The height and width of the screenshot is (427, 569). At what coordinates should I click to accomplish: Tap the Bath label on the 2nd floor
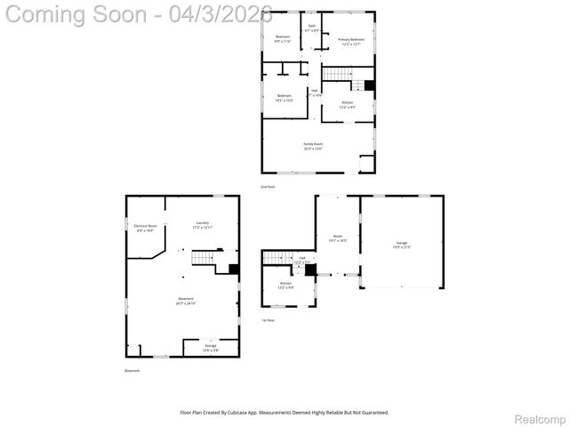point(312,28)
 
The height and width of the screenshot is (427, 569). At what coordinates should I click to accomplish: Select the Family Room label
point(313,146)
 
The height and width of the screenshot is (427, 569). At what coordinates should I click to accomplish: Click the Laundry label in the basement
point(203,225)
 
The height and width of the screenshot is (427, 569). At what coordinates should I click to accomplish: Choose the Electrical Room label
point(147,228)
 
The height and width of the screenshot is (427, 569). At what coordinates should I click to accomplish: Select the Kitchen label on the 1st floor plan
point(285,285)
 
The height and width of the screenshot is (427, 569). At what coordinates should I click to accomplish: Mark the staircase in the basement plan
point(204,259)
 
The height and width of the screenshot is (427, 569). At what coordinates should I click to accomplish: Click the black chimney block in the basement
point(234,269)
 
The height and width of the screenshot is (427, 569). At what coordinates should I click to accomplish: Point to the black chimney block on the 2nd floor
point(369,86)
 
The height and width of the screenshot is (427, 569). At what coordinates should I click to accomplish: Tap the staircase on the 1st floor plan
point(281,257)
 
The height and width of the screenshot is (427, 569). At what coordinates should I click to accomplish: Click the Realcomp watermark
point(540,418)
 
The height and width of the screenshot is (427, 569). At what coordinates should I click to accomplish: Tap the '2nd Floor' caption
point(267,186)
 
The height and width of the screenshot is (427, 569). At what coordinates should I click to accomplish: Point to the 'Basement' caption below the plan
point(132,370)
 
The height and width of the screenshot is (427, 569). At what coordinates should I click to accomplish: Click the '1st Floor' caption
point(267,319)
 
